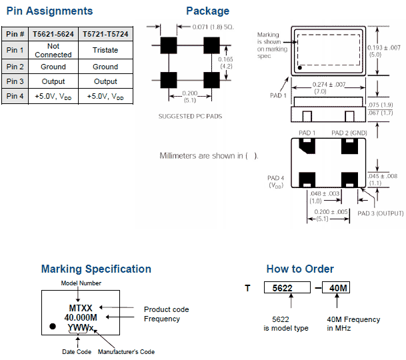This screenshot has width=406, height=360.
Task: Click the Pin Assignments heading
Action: coord(49,11)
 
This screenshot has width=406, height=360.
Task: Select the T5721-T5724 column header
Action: coord(105,34)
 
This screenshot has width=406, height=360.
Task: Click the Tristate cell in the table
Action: coord(105,50)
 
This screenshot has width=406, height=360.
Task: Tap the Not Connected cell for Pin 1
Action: coord(53,51)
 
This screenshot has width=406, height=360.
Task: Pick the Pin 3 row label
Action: coord(15,81)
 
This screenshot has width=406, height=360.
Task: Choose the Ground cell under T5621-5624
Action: coord(53,67)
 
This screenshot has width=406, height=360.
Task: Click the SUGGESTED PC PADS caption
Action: coord(190,116)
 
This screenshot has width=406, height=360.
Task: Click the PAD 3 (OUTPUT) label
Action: coord(380,213)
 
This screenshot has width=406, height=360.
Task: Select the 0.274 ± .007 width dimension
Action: coord(327,85)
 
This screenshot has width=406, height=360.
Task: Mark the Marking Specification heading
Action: coord(96,269)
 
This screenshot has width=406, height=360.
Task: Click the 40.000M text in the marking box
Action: coord(81,318)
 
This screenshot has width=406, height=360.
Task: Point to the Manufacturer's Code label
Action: coord(126,351)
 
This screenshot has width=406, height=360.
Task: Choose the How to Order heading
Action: coord(300,269)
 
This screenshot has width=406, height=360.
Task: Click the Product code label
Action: coord(167,309)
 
